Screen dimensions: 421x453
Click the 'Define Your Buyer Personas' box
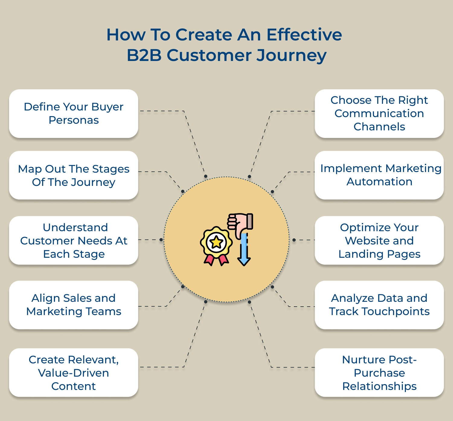pos(73,113)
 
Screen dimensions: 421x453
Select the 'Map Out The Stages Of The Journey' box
pos(73,175)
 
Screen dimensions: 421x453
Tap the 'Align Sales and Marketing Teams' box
pos(73,305)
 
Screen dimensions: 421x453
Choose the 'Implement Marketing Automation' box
pos(379,175)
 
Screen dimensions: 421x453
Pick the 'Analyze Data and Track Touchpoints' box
pos(379,305)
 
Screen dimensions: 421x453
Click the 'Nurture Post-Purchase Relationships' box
pos(379,373)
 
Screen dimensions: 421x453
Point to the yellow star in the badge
pos(216,242)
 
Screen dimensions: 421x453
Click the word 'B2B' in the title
pos(144,56)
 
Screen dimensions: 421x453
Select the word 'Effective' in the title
pos(304,35)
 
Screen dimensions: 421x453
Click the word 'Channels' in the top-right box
pos(379,127)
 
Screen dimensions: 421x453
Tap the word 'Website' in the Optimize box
pos(379,241)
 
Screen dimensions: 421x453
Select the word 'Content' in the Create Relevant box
pos(73,386)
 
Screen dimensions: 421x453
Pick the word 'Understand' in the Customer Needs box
pos(75,228)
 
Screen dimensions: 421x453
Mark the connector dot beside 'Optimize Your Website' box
pos(294,240)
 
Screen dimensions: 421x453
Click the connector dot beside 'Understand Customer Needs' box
pos(161,240)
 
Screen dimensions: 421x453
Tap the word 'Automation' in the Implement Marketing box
pos(379,182)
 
